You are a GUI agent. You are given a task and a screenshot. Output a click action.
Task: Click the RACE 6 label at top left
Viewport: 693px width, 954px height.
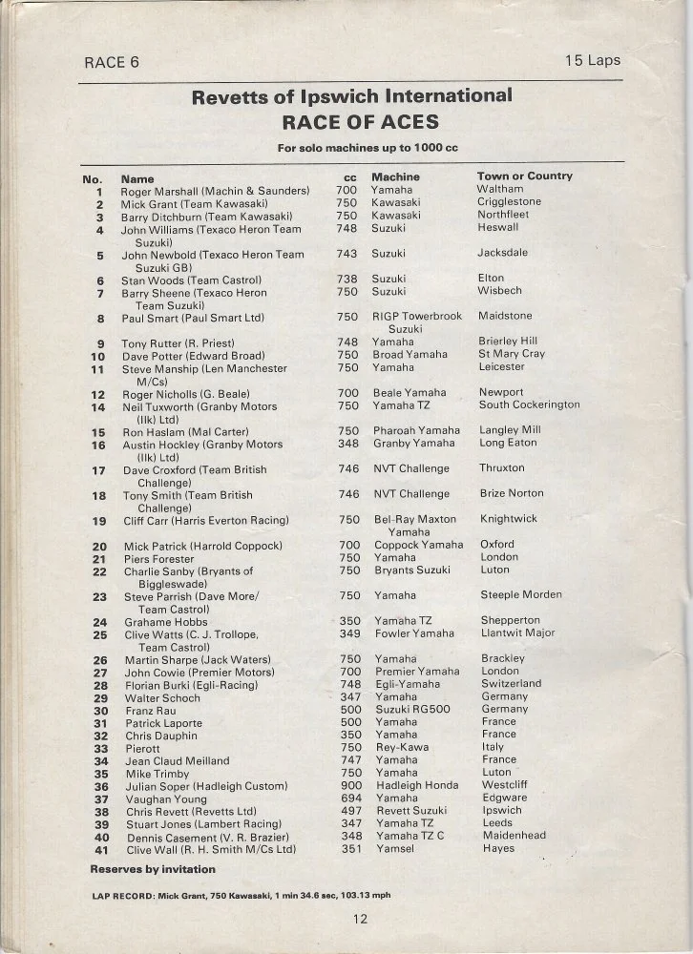coord(105,62)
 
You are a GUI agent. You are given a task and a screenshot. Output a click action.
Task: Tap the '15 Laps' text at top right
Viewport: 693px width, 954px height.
coord(592,60)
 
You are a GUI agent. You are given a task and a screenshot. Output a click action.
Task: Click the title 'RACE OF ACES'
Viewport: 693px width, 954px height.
coord(359,122)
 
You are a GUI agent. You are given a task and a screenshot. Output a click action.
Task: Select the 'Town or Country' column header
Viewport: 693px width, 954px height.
coord(524,176)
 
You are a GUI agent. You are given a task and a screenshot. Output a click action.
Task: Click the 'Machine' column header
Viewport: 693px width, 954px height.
coord(395,176)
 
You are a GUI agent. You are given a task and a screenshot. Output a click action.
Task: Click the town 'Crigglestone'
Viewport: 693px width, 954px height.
coord(509,202)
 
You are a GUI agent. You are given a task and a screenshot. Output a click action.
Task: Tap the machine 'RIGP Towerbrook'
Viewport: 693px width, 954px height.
coord(416,316)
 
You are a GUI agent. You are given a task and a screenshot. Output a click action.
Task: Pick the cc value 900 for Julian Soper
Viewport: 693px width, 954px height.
coord(349,786)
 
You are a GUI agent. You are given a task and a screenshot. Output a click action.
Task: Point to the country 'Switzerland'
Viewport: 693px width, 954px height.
coord(512,684)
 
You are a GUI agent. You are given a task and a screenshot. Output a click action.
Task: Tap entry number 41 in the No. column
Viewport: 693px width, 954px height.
coord(100,849)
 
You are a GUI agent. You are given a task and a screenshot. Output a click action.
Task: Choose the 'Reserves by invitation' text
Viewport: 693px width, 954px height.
coord(153,869)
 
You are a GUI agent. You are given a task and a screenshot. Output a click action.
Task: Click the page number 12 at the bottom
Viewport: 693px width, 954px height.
coord(359,920)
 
